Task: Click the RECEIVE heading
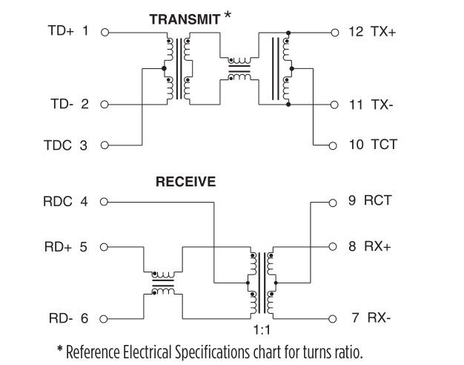coord(185,182)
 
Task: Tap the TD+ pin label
coord(60,32)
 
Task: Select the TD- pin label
coord(60,104)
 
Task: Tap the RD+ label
coord(59,246)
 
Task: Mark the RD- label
coord(59,318)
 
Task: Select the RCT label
coord(378,200)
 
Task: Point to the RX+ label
coord(379,246)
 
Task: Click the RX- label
coord(379,318)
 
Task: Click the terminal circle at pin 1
coord(105,33)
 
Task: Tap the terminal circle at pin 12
coord(334,33)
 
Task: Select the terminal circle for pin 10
coord(334,145)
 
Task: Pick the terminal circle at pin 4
coord(105,201)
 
